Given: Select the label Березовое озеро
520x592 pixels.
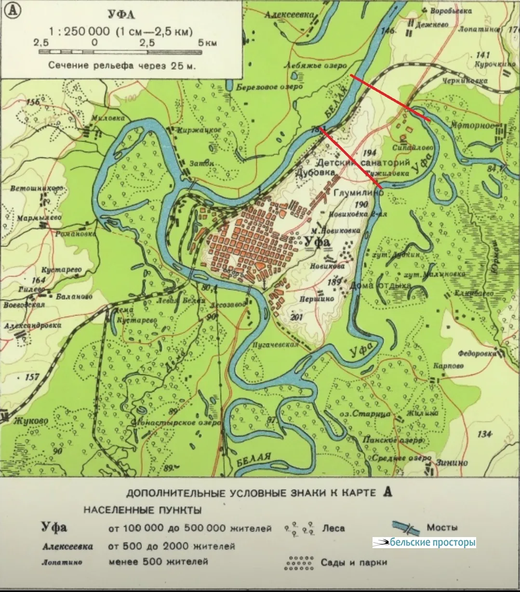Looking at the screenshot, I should point(270,87).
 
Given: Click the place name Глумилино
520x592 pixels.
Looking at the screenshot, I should point(359,192).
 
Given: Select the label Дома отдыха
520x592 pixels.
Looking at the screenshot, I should point(381,285).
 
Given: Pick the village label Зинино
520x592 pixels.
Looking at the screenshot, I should point(452,462).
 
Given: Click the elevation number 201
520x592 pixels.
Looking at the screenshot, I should point(296,316).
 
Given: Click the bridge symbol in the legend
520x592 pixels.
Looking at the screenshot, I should point(405,527).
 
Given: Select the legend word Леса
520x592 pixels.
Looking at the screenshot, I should point(333,528).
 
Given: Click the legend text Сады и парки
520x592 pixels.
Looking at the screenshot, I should point(354,562).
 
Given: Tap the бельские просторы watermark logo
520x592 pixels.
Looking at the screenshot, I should point(424,542).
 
